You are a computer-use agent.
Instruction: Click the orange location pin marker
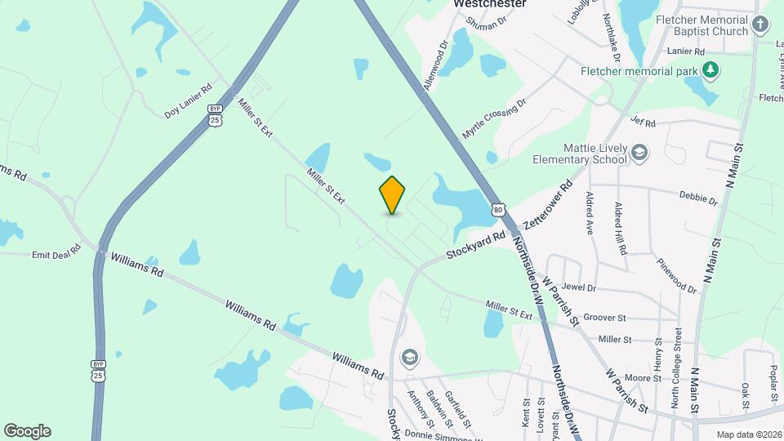[x=392, y=194]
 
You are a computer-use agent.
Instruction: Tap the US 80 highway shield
[x=498, y=210]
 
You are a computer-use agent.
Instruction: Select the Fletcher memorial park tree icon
[x=711, y=70]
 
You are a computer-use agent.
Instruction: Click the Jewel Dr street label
[x=579, y=288]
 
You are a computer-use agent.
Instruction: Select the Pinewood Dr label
[x=678, y=276]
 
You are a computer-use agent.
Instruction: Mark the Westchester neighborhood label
[x=490, y=4]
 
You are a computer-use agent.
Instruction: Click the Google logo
[x=27, y=431]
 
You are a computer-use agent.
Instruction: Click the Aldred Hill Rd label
[x=621, y=229]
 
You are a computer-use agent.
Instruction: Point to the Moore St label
[x=643, y=378]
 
